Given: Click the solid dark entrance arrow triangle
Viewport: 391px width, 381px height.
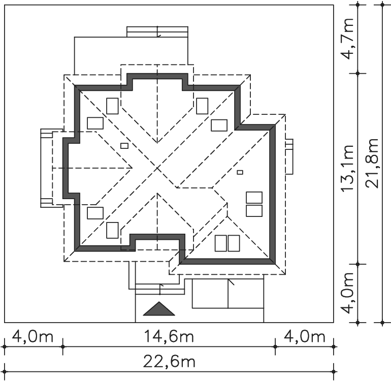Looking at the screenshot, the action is click(159, 310).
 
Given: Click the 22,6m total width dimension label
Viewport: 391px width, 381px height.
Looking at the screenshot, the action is click(169, 362).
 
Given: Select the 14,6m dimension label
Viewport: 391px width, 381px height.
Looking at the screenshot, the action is click(169, 336).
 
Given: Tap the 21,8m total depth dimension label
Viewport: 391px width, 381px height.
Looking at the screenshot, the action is click(372, 164).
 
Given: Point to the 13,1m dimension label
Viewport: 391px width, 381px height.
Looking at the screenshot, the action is click(347, 169).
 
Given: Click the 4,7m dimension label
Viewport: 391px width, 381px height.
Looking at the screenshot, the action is click(348, 39).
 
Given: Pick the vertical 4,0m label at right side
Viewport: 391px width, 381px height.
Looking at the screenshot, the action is click(348, 293).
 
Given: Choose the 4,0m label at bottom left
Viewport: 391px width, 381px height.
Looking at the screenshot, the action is click(32, 336).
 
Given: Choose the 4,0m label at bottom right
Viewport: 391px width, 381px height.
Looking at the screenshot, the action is click(305, 336).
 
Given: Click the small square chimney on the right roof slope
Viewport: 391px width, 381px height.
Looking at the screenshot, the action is click(240, 172).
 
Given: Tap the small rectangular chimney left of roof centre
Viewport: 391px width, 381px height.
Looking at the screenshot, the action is click(124, 146).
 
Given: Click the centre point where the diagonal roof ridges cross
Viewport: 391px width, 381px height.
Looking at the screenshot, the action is click(157, 169).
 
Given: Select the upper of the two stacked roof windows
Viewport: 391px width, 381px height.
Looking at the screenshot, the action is click(254, 198).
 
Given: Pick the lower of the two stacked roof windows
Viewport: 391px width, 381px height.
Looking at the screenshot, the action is click(254, 211).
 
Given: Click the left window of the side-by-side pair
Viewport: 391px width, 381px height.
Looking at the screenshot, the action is click(221, 243).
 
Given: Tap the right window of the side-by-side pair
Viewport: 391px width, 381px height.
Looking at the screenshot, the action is click(234, 243).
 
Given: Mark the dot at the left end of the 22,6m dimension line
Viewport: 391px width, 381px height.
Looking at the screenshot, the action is click(5, 371).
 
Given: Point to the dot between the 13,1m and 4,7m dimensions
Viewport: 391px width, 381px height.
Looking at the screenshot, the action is click(357, 73).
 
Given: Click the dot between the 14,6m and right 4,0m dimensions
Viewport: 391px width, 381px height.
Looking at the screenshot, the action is click(275, 346).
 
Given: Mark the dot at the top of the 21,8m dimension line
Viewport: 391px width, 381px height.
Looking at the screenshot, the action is click(382, 5).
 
